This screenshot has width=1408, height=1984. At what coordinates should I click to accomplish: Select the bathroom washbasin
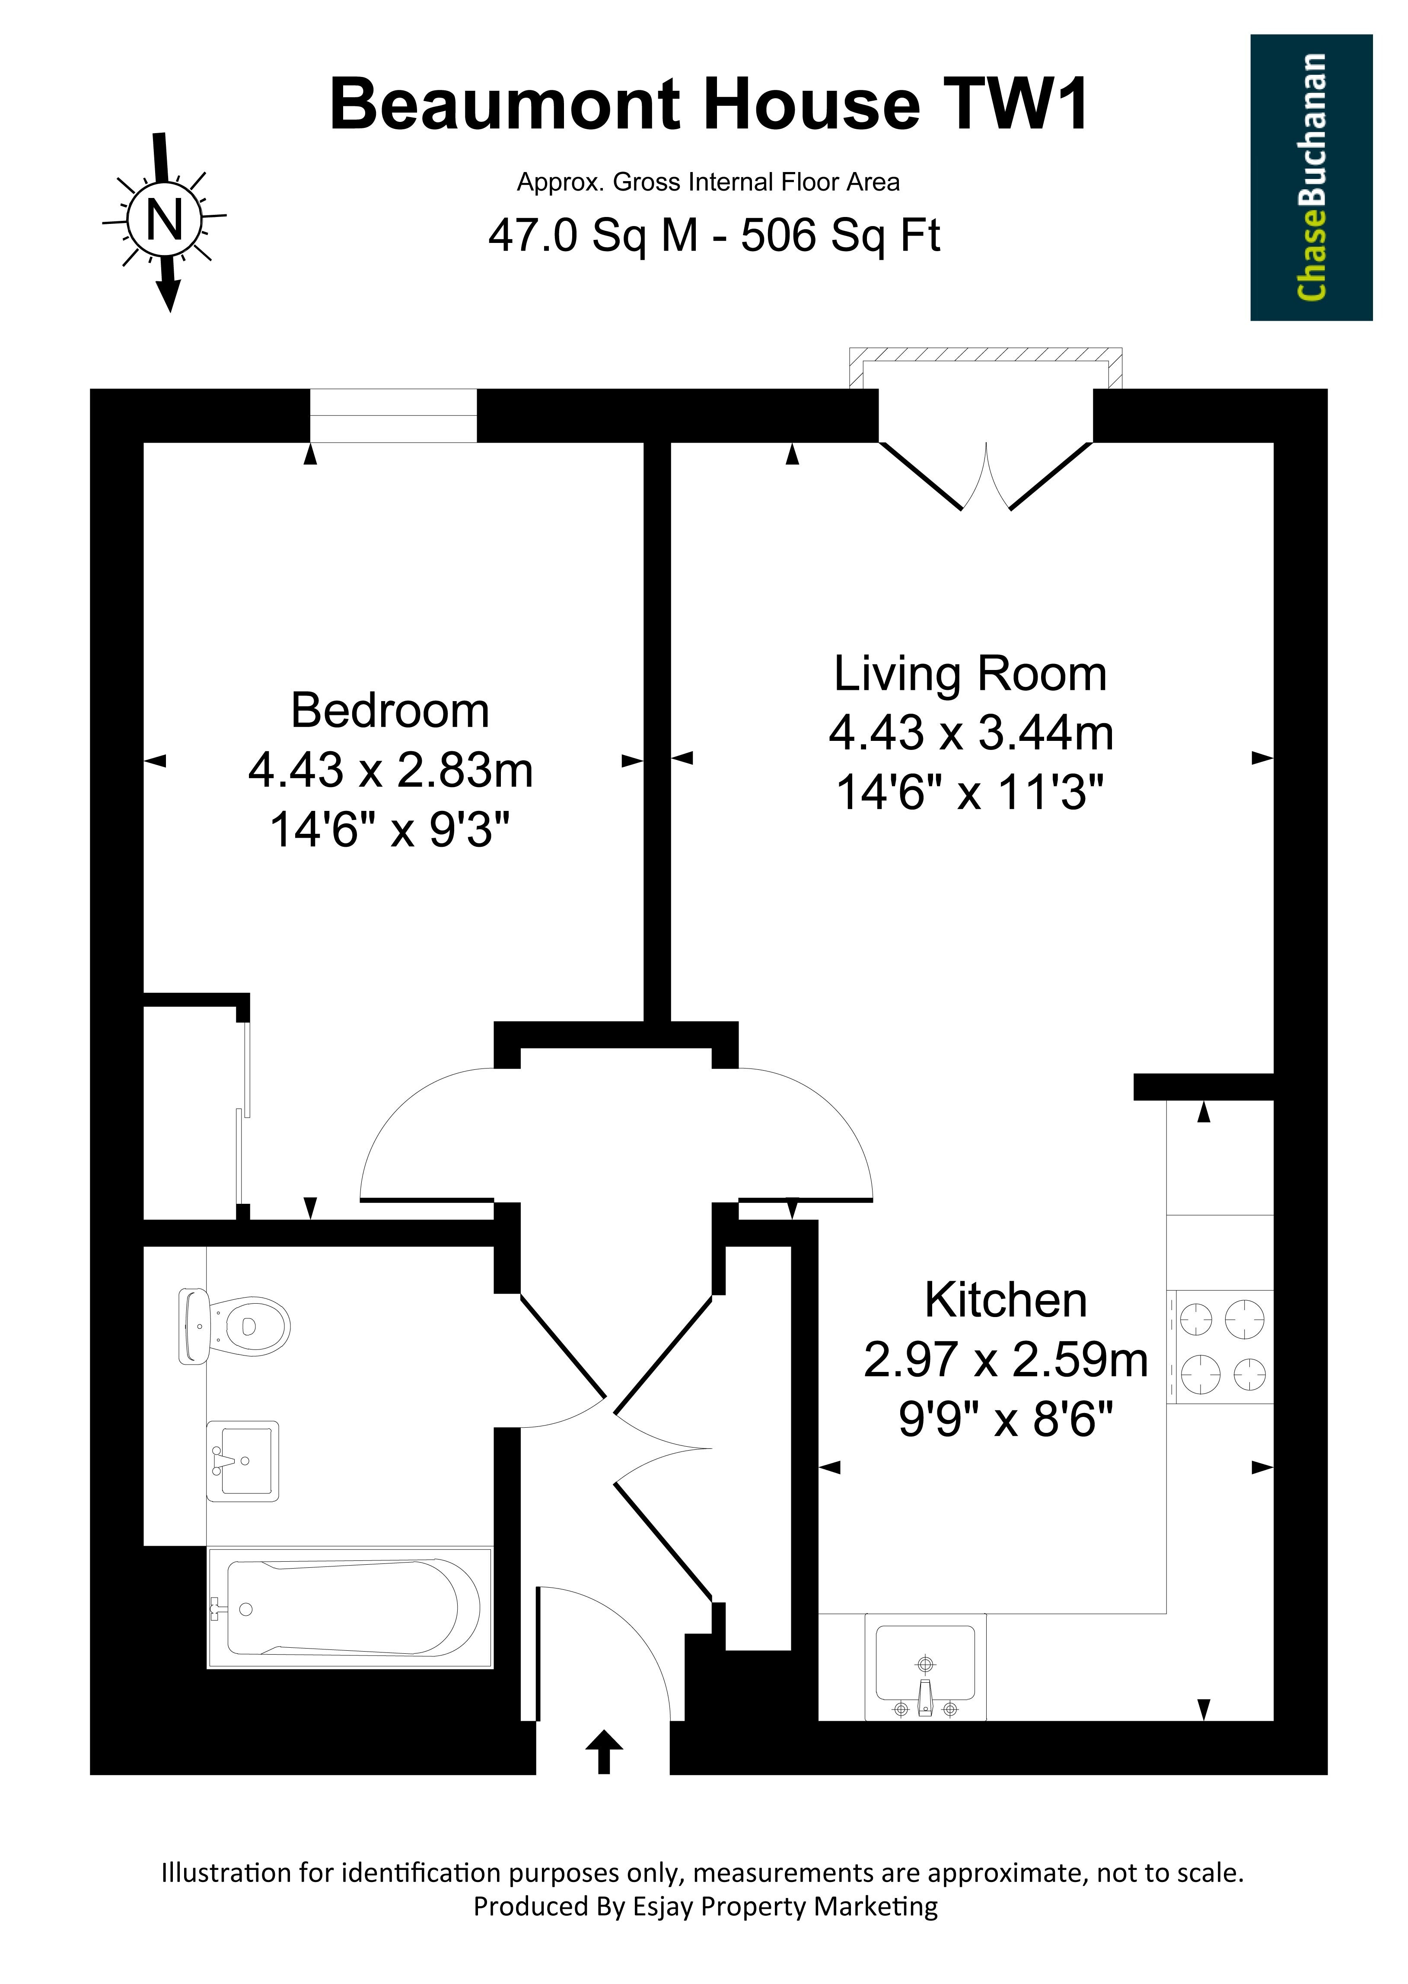click(x=243, y=1461)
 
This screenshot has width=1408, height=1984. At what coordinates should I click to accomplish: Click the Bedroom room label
click(x=390, y=711)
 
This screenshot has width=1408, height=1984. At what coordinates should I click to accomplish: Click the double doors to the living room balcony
click(x=986, y=475)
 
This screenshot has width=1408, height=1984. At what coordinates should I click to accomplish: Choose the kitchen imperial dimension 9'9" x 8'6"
click(x=1006, y=1419)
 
